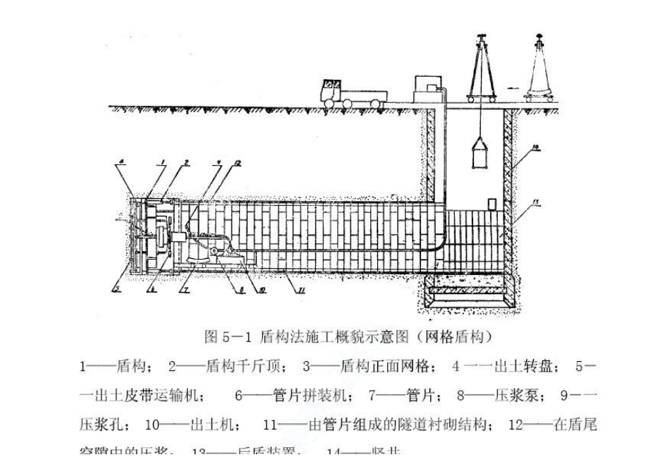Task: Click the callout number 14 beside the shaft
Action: point(535,147)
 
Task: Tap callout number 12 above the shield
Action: point(238,164)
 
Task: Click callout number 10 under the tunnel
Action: point(252,289)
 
